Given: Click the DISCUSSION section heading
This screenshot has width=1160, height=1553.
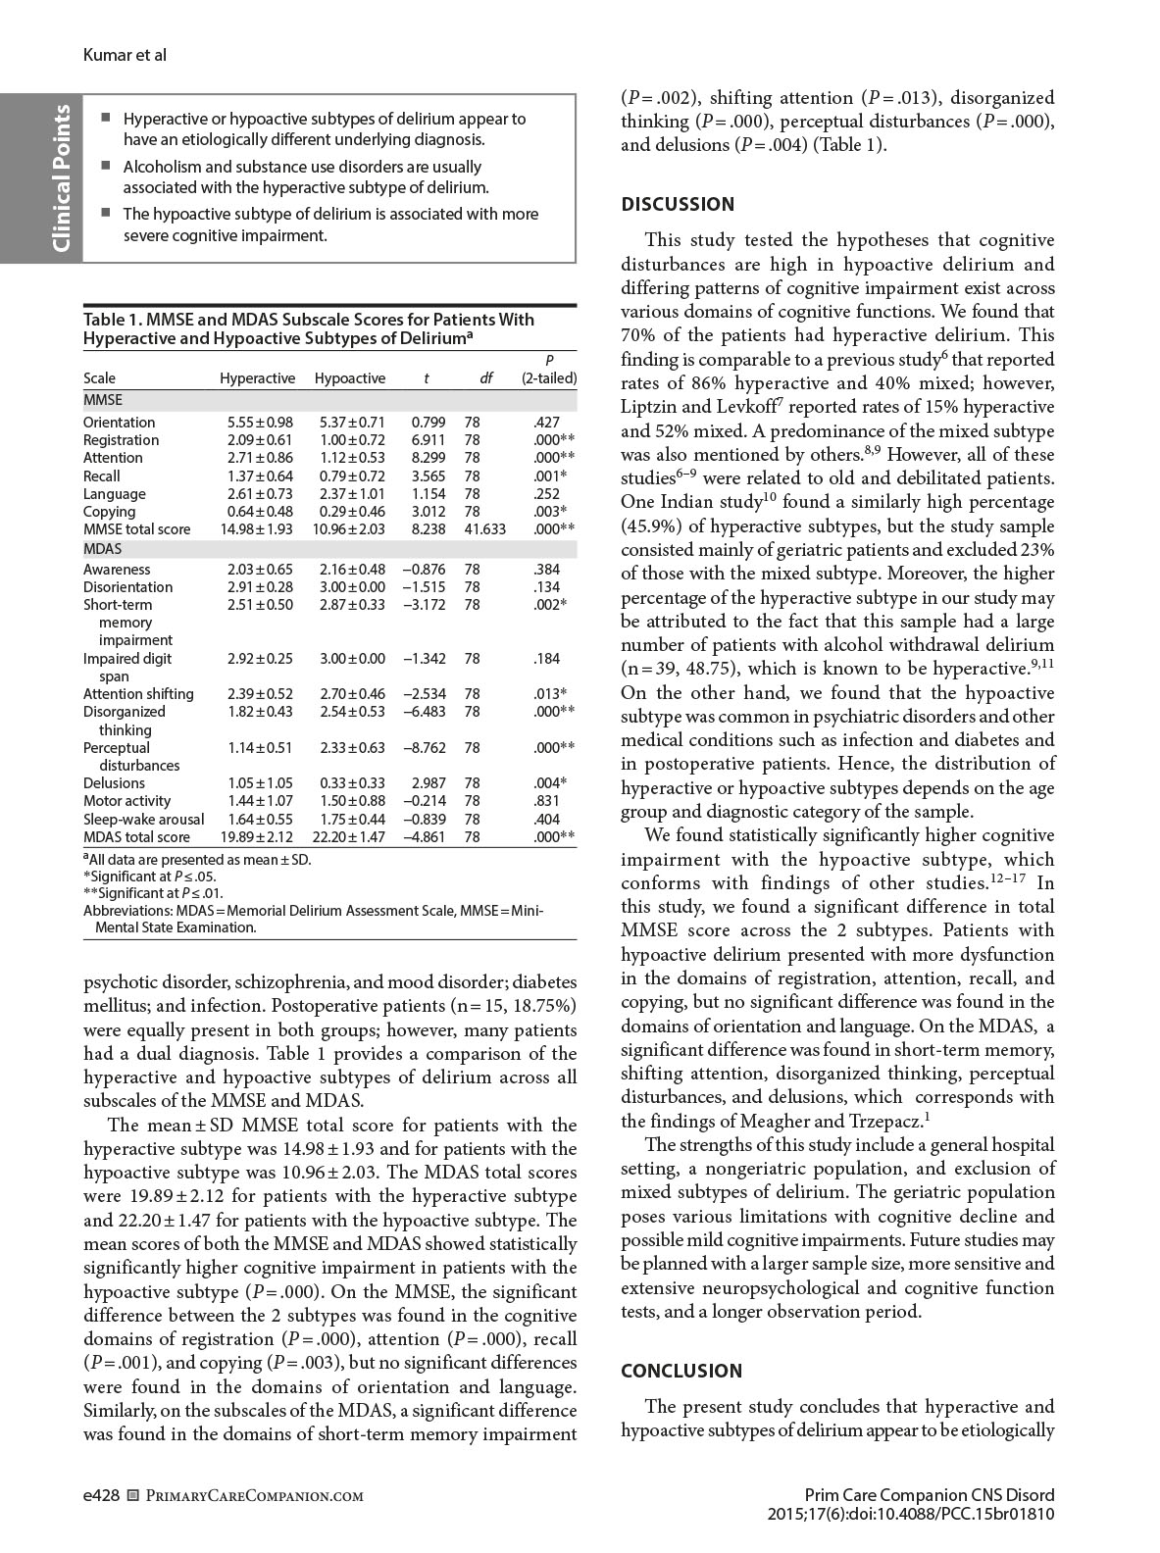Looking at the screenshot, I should point(678,204).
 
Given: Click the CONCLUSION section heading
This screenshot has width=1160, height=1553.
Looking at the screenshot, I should point(681,1371).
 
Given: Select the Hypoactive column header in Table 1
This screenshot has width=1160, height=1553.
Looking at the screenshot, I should point(350,378).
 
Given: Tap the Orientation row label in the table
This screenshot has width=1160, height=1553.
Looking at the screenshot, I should point(120,423).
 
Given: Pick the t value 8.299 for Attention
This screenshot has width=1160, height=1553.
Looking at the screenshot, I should point(429,458).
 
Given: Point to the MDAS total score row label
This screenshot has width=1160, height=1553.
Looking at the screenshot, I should point(136,837).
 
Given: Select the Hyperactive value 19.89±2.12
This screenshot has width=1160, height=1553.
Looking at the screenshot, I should point(260,837).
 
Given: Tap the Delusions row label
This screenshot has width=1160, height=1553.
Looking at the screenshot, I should point(114,783).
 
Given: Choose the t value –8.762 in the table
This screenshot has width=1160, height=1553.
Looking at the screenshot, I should point(425,748).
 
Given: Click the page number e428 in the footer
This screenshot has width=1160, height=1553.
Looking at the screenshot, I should point(102,1495).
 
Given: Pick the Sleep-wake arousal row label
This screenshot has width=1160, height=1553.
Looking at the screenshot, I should point(144,820).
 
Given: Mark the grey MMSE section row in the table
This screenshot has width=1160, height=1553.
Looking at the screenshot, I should point(329,400).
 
